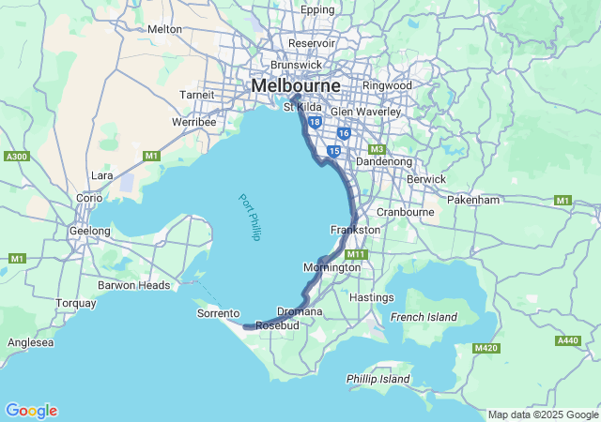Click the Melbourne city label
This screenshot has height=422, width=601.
[296, 85]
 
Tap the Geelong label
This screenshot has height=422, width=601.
[90, 231]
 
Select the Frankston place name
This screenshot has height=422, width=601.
[355, 230]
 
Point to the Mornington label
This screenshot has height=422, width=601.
[331, 267]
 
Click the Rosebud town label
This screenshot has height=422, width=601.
[277, 324]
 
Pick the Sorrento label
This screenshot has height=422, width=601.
[218, 313]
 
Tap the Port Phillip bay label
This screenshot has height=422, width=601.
[248, 217]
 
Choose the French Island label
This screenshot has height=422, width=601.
[424, 317]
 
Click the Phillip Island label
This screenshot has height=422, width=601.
[378, 379]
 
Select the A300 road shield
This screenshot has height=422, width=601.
[17, 157]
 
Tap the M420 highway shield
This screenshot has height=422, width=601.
[485, 348]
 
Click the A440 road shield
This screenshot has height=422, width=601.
[567, 340]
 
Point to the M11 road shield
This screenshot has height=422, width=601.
[355, 254]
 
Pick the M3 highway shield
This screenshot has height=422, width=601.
[377, 149]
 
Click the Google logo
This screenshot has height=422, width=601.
[31, 411]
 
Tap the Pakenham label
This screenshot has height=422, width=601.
[501, 200]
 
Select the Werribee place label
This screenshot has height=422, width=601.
[194, 122]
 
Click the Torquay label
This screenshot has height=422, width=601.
[76, 303]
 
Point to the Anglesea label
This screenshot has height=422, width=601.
[29, 343]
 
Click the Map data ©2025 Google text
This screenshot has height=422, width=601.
[543, 414]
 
